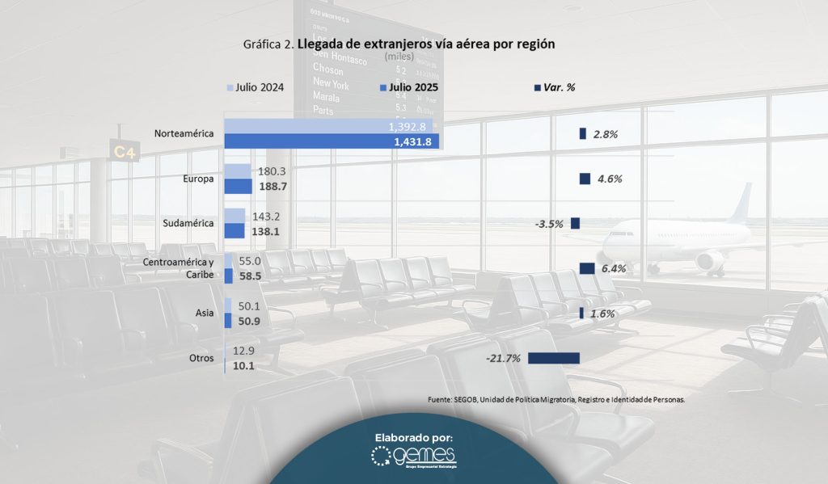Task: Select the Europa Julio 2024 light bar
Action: [x=236, y=170]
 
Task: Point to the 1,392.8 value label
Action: [x=408, y=127]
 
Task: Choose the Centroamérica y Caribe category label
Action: [x=178, y=267]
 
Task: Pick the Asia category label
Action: [x=205, y=313]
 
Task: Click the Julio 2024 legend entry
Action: [x=256, y=87]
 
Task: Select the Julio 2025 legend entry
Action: [x=409, y=87]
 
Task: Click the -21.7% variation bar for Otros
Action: [x=554, y=358]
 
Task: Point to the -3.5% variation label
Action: [x=549, y=224]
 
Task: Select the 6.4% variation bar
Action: [x=587, y=268]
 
